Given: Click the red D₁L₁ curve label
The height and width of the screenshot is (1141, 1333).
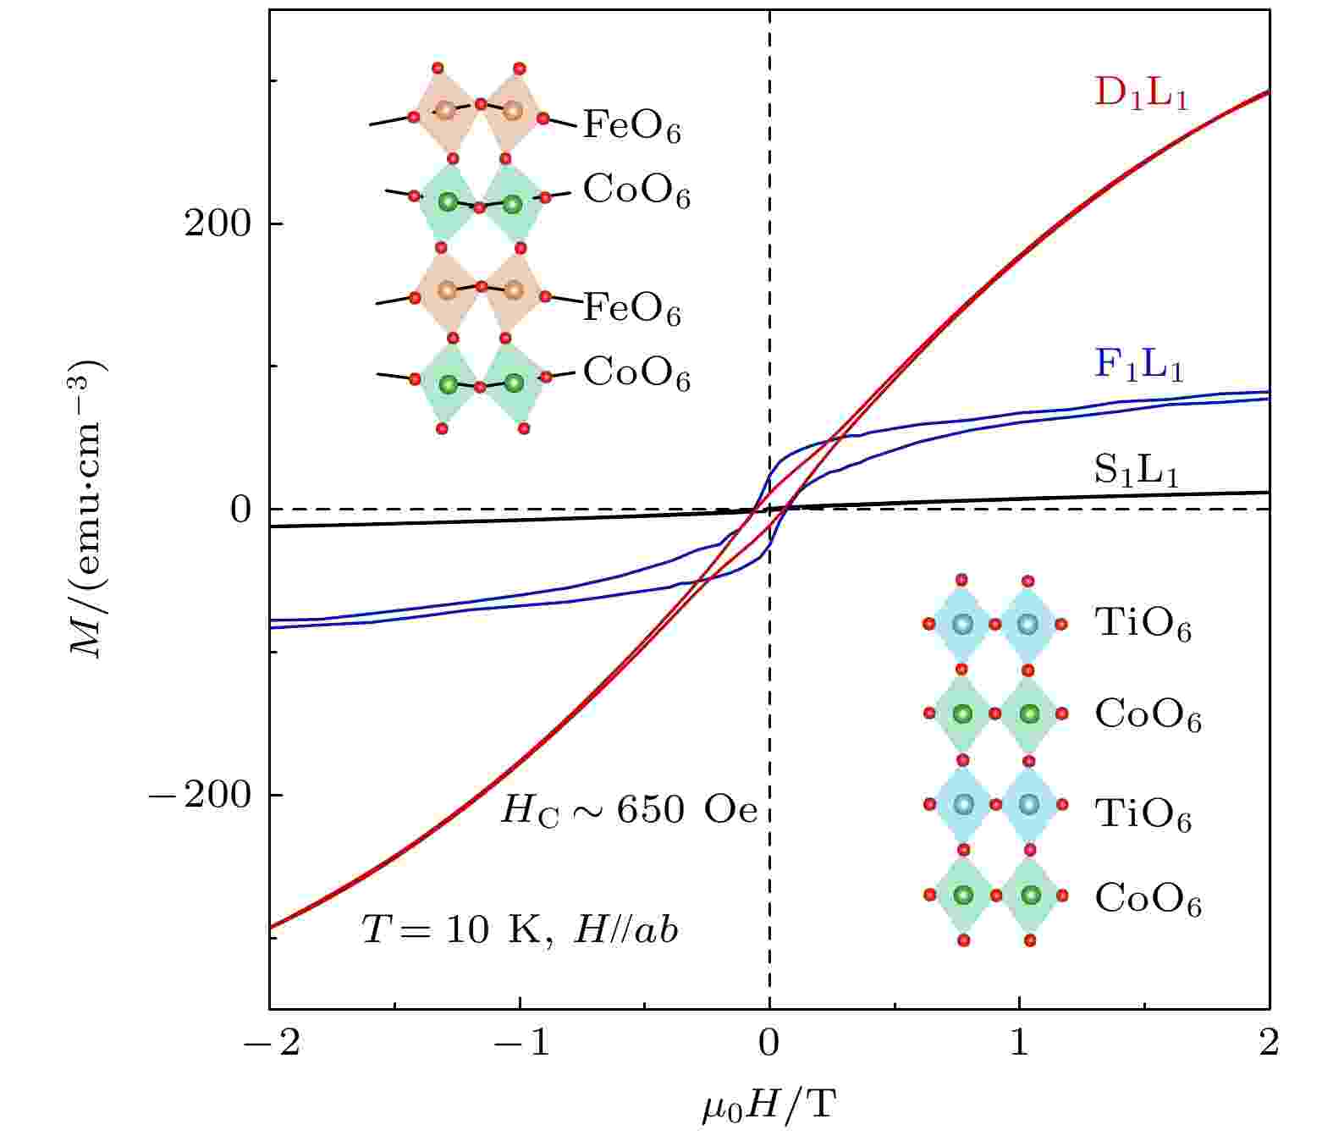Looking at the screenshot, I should pyautogui.click(x=1141, y=95).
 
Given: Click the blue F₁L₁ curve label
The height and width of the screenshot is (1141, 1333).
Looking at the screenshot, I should pyautogui.click(x=1138, y=365).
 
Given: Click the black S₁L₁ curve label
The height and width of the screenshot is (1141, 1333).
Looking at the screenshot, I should pyautogui.click(x=1136, y=471).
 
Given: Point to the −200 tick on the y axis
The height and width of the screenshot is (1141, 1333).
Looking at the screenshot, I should pyautogui.click(x=204, y=796).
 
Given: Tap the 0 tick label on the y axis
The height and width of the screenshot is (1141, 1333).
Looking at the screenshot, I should pyautogui.click(x=240, y=510).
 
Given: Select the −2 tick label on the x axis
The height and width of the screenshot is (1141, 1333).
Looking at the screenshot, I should pyautogui.click(x=270, y=1043).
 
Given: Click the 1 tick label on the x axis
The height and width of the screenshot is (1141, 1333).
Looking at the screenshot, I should pyautogui.click(x=1019, y=1043).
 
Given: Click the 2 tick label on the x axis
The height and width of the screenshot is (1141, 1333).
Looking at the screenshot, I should pyautogui.click(x=1268, y=1043).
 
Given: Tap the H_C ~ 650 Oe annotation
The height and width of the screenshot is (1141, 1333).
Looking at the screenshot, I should pyautogui.click(x=628, y=811).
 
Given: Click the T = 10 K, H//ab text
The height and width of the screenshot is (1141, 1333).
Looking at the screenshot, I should pyautogui.click(x=520, y=930).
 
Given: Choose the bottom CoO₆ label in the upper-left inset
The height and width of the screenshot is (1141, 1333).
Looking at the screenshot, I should pyautogui.click(x=636, y=373).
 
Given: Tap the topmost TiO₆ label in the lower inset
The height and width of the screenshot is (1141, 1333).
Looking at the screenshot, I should pyautogui.click(x=1143, y=625).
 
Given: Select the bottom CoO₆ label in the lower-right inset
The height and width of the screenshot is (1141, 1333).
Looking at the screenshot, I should pyautogui.click(x=1148, y=898).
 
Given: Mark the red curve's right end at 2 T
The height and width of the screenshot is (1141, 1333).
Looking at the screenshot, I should pyautogui.click(x=1267, y=91).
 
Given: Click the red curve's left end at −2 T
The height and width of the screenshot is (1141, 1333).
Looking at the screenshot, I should pyautogui.click(x=272, y=928).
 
